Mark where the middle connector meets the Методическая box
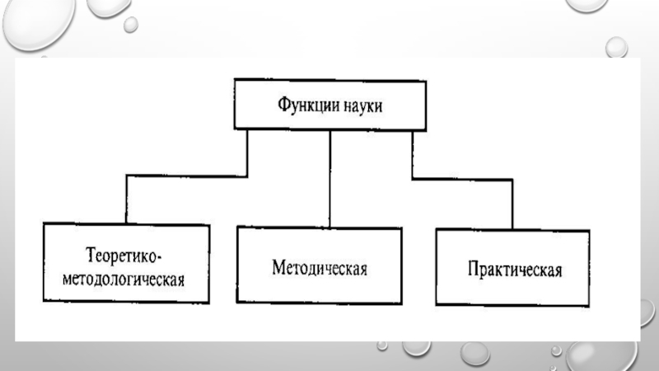click(329, 227)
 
